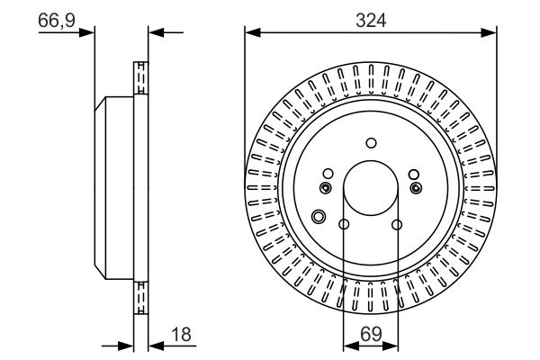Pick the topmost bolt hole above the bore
coord(371,141)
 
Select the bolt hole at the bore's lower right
coord(397,225)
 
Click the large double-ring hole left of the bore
coord(318,216)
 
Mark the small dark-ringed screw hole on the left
coord(326,187)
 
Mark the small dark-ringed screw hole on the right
coord(416,187)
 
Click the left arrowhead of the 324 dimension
coord(251,34)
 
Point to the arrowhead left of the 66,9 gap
coord(88,34)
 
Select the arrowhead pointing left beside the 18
coord(154,345)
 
